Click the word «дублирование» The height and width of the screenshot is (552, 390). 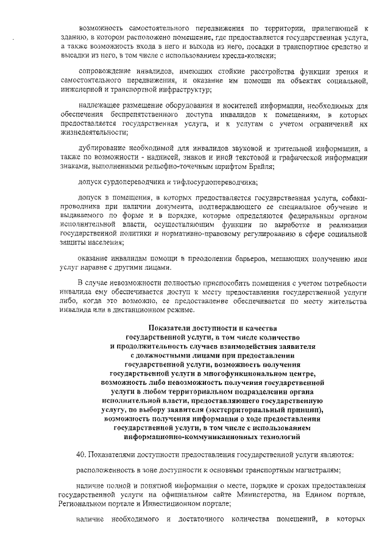point(105,148)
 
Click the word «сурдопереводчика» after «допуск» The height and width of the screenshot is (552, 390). point(134,182)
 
